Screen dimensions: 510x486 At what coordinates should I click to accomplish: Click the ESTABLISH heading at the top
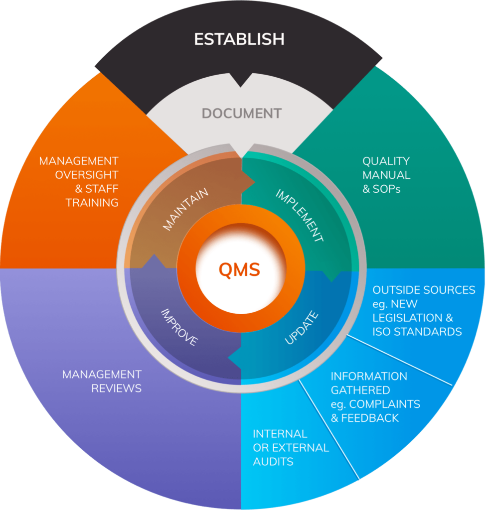point(239,39)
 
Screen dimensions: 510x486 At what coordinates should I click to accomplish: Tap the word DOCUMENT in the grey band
point(242,114)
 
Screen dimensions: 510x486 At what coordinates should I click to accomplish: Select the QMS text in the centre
point(240,269)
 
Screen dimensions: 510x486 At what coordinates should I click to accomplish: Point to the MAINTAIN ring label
point(185,209)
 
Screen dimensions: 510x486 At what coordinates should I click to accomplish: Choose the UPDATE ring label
point(301,327)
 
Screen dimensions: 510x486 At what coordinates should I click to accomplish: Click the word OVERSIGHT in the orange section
point(87,175)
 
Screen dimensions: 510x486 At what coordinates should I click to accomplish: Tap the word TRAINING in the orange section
point(92,203)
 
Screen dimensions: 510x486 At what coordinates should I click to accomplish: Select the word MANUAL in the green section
point(386,175)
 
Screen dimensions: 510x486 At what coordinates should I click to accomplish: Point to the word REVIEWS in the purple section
point(117,388)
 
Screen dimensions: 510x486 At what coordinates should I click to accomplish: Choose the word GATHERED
point(360,390)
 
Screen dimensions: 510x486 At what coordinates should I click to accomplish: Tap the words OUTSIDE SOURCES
point(424,290)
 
